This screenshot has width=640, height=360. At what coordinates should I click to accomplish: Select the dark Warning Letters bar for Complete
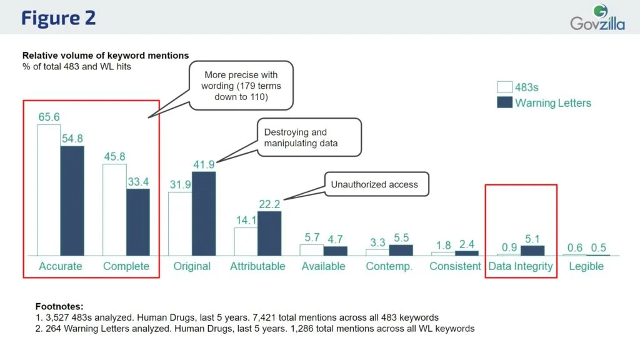(137, 222)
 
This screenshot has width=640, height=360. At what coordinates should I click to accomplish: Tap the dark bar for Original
(203, 213)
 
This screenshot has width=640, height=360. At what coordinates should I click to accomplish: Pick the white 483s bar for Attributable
(246, 241)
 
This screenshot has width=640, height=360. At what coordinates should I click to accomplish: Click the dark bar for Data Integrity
(532, 250)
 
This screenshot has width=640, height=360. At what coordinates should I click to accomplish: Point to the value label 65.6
(49, 117)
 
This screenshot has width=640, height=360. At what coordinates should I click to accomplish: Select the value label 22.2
(269, 204)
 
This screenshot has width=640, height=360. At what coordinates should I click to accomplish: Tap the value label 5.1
(532, 238)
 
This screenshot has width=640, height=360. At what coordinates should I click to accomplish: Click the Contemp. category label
(389, 266)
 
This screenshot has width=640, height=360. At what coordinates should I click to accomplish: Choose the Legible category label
(586, 266)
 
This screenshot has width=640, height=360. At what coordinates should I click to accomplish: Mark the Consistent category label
(454, 266)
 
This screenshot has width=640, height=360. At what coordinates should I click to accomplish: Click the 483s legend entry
(525, 87)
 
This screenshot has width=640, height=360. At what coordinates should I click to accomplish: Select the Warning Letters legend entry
(544, 103)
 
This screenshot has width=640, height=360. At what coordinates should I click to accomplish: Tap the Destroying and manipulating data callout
(309, 138)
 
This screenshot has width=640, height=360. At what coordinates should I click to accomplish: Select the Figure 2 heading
(58, 17)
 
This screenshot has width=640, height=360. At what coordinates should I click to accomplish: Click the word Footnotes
(59, 306)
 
